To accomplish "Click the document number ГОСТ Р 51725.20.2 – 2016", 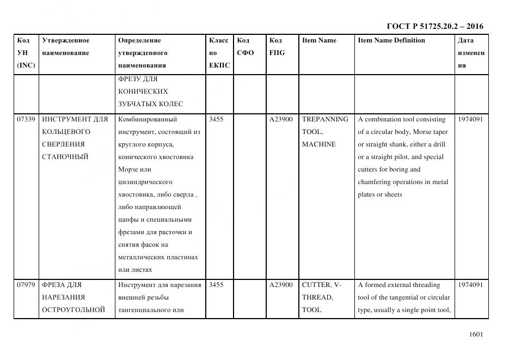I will tap(434, 26).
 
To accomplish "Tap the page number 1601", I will tap(476, 335).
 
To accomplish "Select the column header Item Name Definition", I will tap(391, 40).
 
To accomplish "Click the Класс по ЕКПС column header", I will tap(219, 53).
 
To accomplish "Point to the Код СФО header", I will tap(246, 47).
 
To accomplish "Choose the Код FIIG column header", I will tap(277, 47).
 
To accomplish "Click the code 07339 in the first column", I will tap(26, 119).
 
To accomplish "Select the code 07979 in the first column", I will tap(26, 285).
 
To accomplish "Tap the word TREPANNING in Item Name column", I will tap(325, 119).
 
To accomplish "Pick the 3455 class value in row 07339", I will tap(216, 119).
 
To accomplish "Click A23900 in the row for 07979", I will tap(280, 285).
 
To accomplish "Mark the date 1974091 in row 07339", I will tap(470, 119).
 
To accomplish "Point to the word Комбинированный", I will tap(147, 119).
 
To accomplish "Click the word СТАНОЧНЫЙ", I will tap(65, 157).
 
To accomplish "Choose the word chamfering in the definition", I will tap(376, 182).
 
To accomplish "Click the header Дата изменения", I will tap(471, 53).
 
